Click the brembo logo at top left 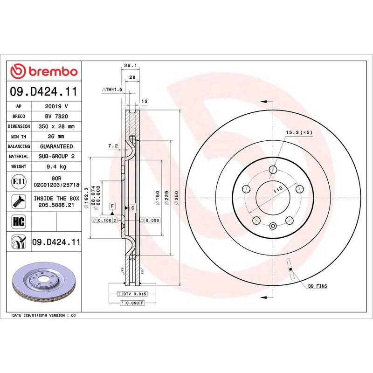tap(44, 71)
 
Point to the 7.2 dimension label tap(112, 146)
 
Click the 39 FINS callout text tap(318, 285)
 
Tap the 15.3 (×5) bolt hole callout tap(299, 133)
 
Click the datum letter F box tap(112, 206)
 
